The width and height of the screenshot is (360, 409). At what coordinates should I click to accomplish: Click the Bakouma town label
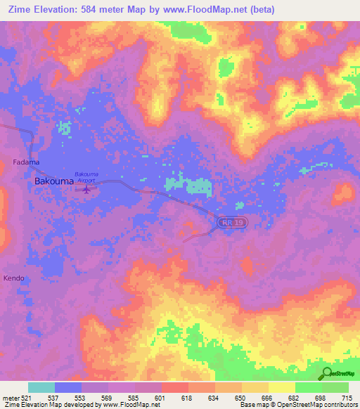click(51, 181)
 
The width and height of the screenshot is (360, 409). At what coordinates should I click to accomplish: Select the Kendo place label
click(14, 278)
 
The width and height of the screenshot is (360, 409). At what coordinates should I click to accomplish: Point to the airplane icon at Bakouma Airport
click(87, 188)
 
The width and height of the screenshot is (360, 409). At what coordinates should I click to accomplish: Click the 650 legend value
click(240, 397)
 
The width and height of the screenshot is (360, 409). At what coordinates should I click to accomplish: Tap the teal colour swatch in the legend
click(41, 387)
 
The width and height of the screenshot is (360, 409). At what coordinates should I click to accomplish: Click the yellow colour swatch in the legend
click(281, 387)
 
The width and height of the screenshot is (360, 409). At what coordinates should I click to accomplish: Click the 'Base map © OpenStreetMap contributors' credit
click(297, 405)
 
